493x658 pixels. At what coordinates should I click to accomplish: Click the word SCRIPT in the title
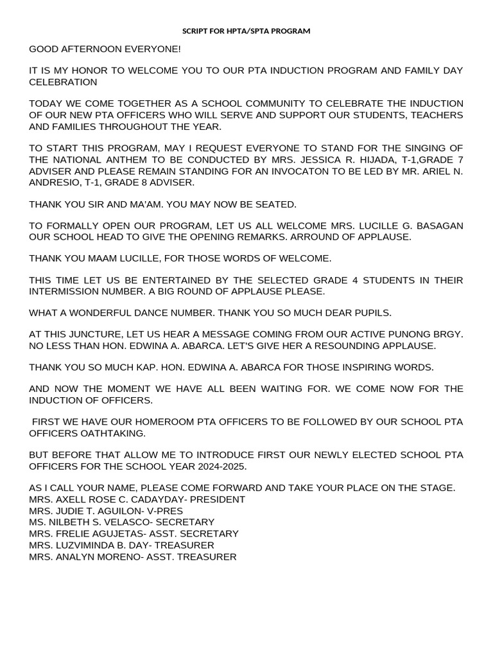(195, 31)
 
